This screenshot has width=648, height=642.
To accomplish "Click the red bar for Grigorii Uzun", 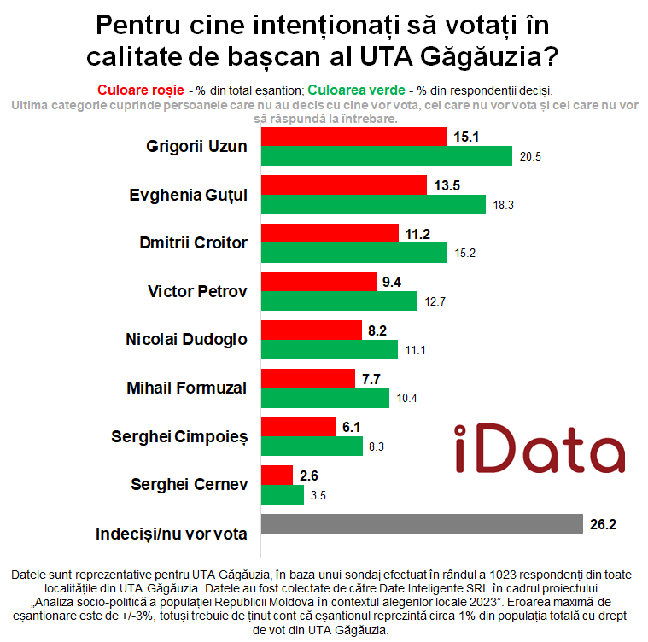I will click(x=353, y=137).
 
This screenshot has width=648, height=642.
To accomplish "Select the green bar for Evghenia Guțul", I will click(x=373, y=204).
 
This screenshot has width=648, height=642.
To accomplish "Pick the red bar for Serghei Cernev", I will click(x=277, y=476).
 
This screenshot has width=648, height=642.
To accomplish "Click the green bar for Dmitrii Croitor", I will click(x=353, y=253).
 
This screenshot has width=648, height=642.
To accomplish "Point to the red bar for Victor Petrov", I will click(x=318, y=282).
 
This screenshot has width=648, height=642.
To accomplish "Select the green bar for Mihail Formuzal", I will click(x=324, y=399).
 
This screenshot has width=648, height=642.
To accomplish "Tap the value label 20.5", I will click(x=531, y=156).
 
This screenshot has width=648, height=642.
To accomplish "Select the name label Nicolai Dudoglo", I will click(x=186, y=340).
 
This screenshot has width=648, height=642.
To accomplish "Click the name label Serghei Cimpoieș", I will click(x=179, y=437).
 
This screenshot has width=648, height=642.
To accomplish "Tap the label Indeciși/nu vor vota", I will click(x=172, y=534).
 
